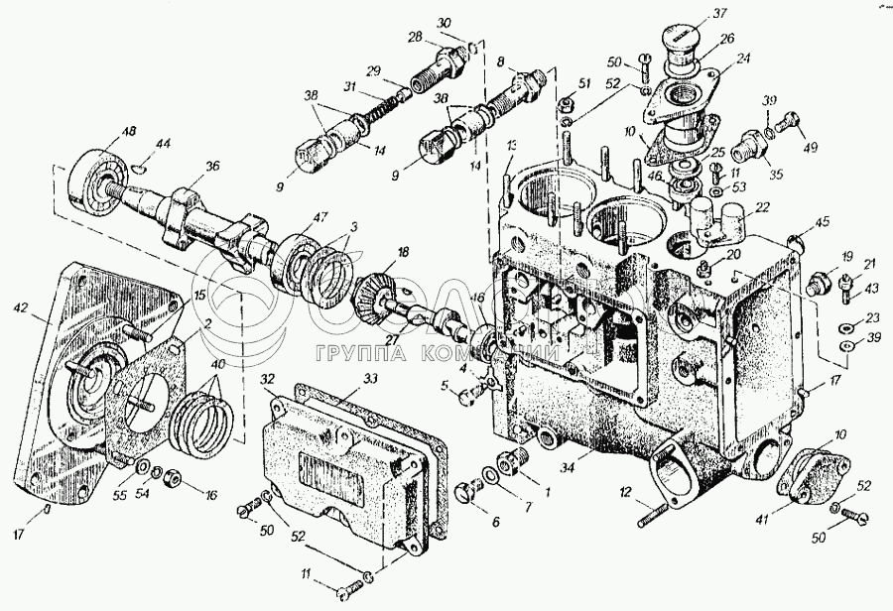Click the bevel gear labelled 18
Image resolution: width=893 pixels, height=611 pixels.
click(380, 296)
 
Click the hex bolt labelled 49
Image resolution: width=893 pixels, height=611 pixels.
click(788, 125)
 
